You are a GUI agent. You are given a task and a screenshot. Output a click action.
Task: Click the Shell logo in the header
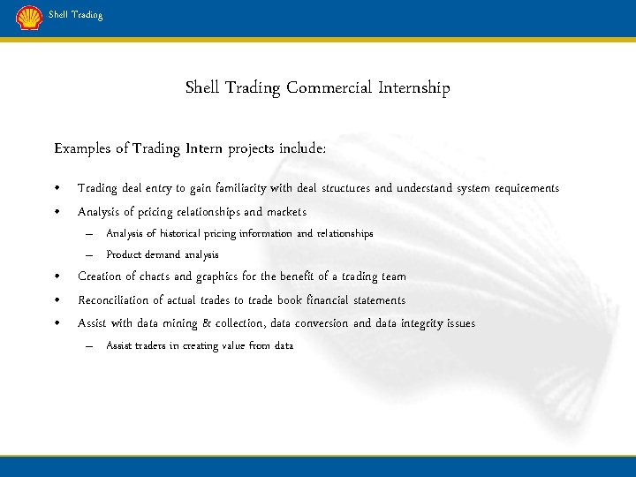click(x=29, y=18)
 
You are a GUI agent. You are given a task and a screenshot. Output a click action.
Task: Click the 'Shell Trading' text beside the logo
click(x=75, y=15)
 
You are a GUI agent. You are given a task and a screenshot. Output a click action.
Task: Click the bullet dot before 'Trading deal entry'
click(x=57, y=189)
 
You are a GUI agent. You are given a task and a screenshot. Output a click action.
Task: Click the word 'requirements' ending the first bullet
click(x=527, y=188)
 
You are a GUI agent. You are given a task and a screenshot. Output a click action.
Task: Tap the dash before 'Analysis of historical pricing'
click(x=89, y=234)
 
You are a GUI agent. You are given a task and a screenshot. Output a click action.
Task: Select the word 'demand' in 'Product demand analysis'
click(x=163, y=255)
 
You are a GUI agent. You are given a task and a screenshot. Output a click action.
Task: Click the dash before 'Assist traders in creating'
click(x=89, y=346)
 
